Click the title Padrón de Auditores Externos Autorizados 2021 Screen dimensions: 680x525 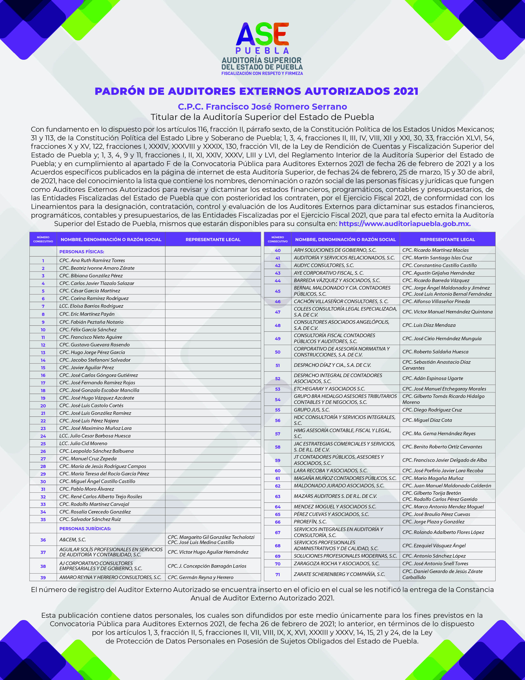click(x=256, y=91)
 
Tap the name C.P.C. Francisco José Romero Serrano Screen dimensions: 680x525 click(x=262, y=107)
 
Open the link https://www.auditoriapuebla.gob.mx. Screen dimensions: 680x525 click(x=405, y=224)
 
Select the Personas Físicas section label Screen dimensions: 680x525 click(x=82, y=252)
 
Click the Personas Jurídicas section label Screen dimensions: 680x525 click(x=85, y=528)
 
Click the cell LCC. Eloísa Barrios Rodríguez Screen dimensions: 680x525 click(x=91, y=306)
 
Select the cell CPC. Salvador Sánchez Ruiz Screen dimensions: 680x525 click(x=90, y=519)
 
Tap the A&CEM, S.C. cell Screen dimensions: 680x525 click(x=72, y=540)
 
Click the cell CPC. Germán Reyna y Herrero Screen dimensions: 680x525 click(x=200, y=577)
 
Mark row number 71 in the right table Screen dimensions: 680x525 click(x=278, y=574)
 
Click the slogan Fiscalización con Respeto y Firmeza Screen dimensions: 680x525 click(x=262, y=74)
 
